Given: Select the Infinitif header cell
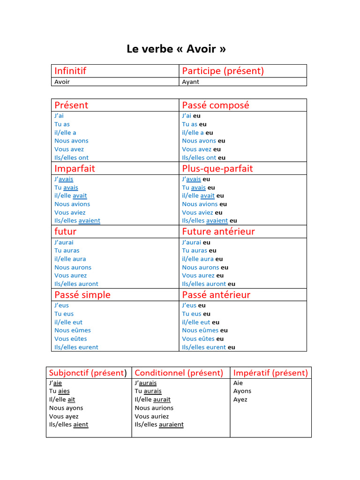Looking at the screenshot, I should (x=70, y=71).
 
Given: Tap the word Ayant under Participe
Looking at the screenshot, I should (x=190, y=82).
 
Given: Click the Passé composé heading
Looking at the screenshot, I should (x=216, y=105).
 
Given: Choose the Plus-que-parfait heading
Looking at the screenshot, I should (x=217, y=168).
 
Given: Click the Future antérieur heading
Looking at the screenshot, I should (x=218, y=232).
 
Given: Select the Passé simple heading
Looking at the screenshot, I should (x=82, y=295).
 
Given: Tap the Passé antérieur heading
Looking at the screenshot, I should (x=216, y=295).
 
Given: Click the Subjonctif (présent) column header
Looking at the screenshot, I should (x=88, y=373).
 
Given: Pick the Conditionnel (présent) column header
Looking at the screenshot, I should (x=179, y=373).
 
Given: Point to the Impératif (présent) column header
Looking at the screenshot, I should (x=270, y=373).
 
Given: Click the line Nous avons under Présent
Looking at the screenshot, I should (x=71, y=141).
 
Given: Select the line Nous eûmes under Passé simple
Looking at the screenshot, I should (x=72, y=330).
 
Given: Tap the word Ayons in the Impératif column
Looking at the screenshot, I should (x=242, y=391).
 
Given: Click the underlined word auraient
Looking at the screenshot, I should (x=171, y=425).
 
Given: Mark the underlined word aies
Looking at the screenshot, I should (x=64, y=391).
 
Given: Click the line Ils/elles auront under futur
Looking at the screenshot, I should (x=76, y=284).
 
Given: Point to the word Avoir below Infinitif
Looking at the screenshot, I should (x=62, y=82).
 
